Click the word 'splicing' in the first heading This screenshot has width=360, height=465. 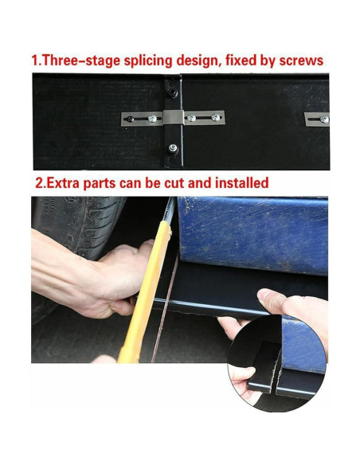tap(147, 61)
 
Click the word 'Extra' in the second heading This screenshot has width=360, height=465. tap(63, 182)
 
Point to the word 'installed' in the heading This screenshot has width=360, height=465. tap(241, 182)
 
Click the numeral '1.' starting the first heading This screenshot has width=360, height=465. tap(37, 61)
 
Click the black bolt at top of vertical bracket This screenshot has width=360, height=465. tap(172, 92)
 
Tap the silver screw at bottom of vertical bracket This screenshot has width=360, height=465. tap(173, 147)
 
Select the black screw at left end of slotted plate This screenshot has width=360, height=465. tap(130, 119)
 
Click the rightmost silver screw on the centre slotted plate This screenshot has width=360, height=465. tap(216, 117)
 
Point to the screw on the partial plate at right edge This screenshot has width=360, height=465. tap(324, 119)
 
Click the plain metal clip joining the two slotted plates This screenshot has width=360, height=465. tap(173, 118)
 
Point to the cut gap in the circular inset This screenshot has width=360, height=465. tap(277, 372)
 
